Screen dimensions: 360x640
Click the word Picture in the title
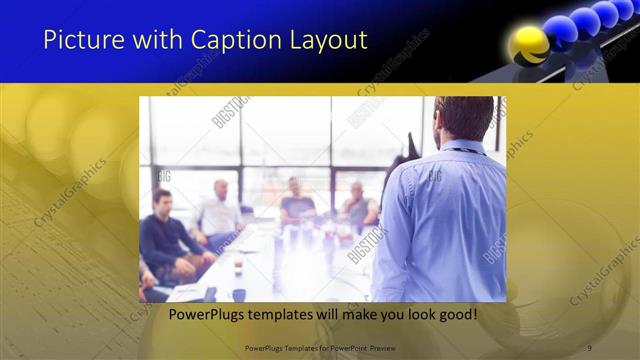(78, 41)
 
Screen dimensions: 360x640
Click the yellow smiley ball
(529, 45)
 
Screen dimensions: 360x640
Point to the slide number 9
(589, 347)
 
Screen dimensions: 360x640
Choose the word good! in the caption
(455, 314)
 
